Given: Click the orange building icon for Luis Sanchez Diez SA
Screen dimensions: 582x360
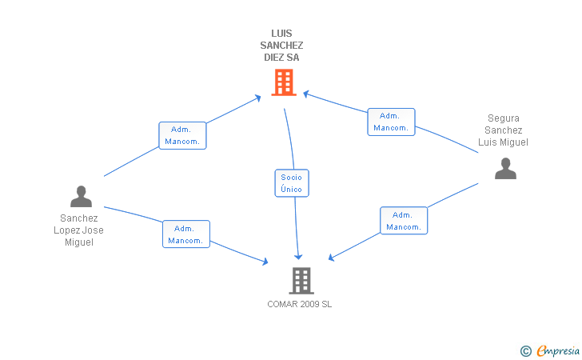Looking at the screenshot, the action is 284,82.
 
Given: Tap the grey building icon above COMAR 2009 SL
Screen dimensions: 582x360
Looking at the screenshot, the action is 301,281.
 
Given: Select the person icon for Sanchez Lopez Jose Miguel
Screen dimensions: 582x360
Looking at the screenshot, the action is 81,197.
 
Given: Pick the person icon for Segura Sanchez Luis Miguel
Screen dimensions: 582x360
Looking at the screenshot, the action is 505,169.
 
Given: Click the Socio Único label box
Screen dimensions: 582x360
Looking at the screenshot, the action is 292,183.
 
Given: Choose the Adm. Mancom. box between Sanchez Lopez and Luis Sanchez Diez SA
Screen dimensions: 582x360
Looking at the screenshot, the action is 182,136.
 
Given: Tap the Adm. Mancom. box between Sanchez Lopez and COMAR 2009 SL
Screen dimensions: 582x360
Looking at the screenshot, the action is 186,234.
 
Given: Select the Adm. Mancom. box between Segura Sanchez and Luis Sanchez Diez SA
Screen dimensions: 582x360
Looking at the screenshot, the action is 391,122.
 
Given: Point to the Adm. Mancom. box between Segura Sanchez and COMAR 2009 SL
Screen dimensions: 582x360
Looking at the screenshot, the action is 404,221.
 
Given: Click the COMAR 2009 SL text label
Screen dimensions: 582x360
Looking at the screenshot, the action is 300,304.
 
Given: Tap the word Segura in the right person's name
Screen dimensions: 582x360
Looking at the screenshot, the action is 504,118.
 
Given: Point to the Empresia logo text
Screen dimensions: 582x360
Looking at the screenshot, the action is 558,350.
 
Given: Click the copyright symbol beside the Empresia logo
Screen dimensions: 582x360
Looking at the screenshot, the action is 525,351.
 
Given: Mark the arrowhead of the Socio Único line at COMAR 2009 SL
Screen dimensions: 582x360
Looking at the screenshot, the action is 298,257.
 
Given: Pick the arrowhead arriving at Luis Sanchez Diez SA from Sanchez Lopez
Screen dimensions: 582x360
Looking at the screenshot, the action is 257,98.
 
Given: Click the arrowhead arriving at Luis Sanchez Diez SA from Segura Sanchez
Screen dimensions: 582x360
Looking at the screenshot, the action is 306,94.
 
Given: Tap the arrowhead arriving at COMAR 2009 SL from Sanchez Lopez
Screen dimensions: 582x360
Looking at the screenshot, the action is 265,262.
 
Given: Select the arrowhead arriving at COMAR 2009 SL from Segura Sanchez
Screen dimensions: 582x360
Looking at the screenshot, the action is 332,257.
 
